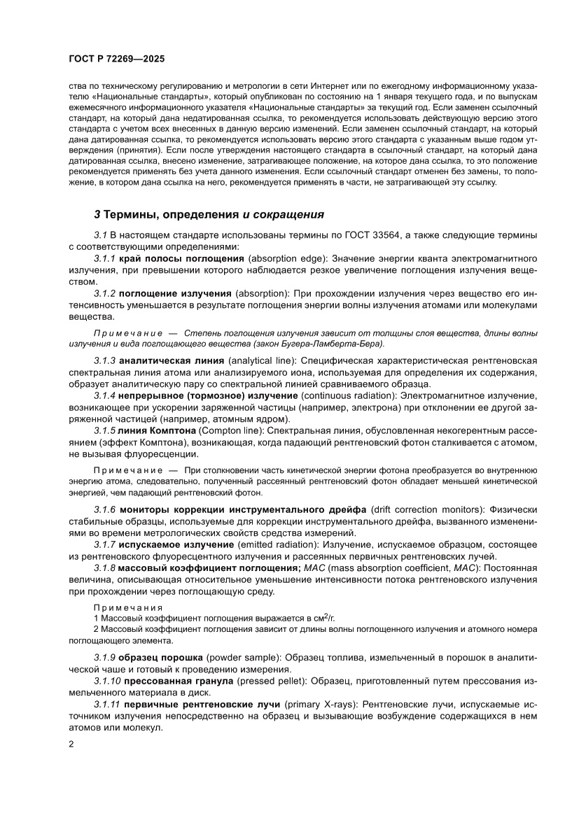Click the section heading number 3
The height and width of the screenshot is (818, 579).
click(x=97, y=213)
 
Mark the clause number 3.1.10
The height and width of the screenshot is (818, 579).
click(x=107, y=682)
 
